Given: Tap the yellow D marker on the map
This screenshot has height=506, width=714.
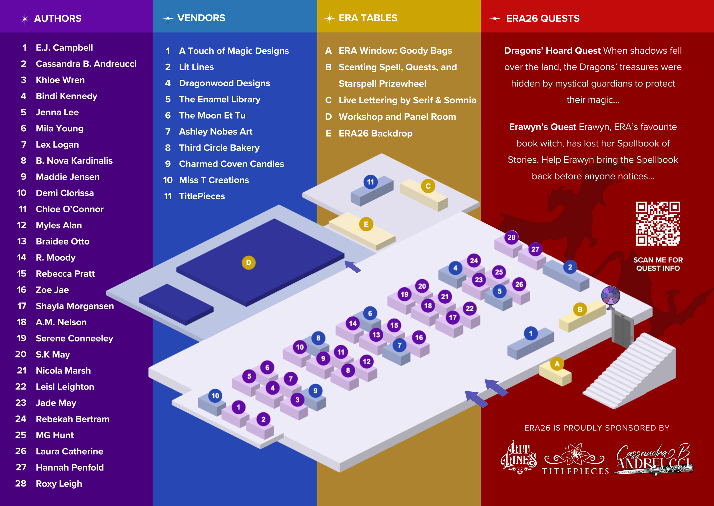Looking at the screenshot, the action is click(248, 263).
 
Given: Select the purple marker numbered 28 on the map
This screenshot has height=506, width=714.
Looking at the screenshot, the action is click(511, 237).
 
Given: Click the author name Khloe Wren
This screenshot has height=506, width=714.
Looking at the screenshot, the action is click(60, 80).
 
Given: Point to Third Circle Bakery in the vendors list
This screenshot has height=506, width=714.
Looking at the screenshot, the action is click(219, 148).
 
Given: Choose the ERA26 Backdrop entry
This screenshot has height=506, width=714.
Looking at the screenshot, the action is click(375, 133).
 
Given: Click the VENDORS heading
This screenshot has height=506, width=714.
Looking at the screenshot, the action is click(201, 18).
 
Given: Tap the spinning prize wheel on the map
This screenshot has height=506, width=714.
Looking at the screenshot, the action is click(610, 295).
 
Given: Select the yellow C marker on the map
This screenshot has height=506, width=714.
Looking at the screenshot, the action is click(428, 186).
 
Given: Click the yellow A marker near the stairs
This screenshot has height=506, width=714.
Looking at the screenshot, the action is click(557, 364).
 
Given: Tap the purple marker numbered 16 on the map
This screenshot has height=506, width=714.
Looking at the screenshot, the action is click(419, 338).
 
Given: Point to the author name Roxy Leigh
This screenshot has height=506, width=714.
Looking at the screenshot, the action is click(59, 483).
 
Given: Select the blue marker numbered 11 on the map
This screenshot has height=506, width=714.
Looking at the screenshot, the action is click(370, 182).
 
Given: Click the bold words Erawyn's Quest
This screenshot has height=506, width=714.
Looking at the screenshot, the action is click(542, 127).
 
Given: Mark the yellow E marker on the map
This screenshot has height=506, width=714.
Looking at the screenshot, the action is click(366, 224).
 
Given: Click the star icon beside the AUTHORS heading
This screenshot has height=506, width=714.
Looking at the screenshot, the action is click(25, 19).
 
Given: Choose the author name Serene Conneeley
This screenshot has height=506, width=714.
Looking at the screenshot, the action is click(74, 338).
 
